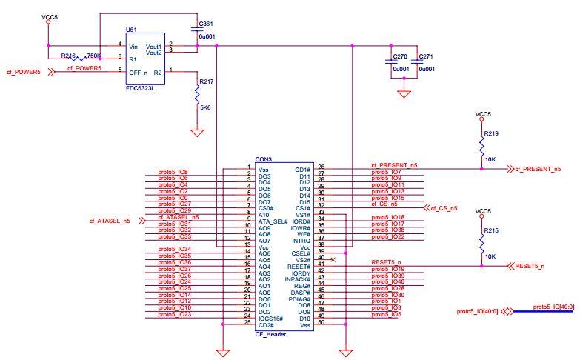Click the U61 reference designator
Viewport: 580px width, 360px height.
click(x=130, y=30)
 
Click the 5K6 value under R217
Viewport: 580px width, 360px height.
click(x=205, y=108)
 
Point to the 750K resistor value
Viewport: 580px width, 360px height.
click(x=94, y=56)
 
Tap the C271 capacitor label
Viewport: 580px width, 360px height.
click(x=425, y=56)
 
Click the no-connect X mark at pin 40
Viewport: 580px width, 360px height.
click(x=332, y=259)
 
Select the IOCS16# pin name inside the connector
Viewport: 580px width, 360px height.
click(x=270, y=318)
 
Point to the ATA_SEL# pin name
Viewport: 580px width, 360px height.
click(x=273, y=221)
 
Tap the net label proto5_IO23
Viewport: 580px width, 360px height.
click(x=175, y=315)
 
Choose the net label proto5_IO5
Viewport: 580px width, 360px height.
click(x=386, y=314)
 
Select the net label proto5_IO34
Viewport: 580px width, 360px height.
click(x=175, y=250)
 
